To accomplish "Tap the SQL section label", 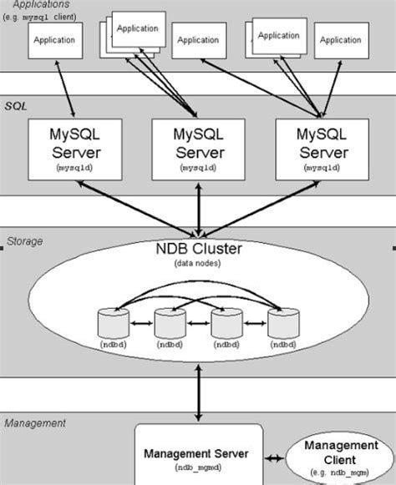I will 16,107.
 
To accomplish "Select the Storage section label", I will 24,241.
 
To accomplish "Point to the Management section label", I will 35,423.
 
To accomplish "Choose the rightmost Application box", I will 341,40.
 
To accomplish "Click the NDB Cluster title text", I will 198,249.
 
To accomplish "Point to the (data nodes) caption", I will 198,264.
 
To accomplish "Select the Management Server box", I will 198,455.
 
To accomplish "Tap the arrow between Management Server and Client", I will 275,457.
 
